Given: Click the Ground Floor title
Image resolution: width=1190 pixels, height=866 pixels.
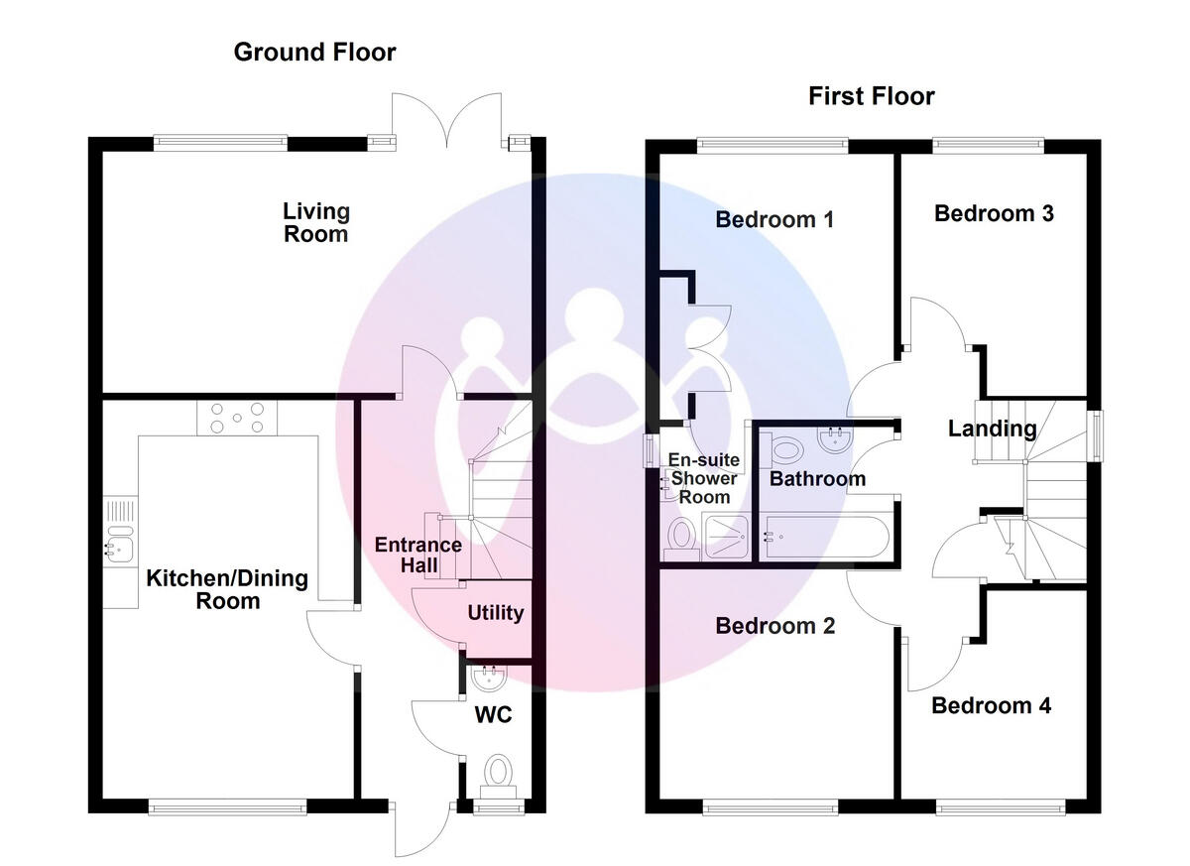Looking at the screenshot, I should [x=314, y=52].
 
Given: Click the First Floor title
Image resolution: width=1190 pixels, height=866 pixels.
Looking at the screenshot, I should [x=871, y=96].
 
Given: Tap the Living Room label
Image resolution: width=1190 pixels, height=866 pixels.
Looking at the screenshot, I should [x=316, y=222].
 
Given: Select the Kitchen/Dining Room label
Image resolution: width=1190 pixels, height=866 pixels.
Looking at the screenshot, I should [x=227, y=589].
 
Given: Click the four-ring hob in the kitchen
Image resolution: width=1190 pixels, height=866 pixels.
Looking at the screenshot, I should [x=237, y=417].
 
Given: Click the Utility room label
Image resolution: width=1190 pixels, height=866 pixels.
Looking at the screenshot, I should [x=495, y=613].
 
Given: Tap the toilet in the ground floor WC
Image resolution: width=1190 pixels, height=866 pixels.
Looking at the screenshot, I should [x=496, y=772].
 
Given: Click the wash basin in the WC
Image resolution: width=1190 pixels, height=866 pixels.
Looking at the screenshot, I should [x=488, y=680].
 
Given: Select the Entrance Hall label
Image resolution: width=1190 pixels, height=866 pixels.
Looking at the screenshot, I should [x=417, y=556].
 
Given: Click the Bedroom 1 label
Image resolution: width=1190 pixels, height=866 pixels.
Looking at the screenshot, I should [x=774, y=219].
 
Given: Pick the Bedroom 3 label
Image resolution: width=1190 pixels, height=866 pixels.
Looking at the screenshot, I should [x=994, y=213].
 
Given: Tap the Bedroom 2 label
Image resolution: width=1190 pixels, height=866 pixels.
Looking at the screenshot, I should [x=774, y=626].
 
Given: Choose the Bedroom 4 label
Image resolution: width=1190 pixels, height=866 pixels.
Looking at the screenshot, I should [x=991, y=705].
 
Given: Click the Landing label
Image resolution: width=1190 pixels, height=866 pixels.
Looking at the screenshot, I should [x=992, y=429].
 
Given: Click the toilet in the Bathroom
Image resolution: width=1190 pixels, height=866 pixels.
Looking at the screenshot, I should [x=787, y=449].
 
